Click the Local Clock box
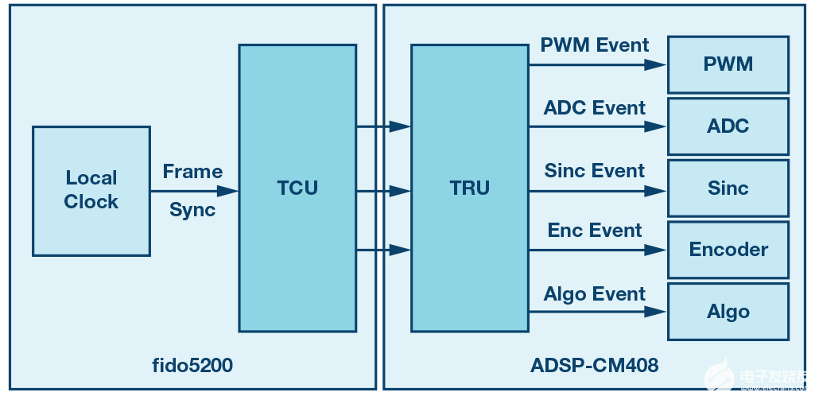click(91, 191)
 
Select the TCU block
click(297, 188)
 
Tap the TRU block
click(469, 188)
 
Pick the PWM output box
click(728, 64)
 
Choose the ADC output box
click(728, 126)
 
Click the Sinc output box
click(728, 188)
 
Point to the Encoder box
click(728, 250)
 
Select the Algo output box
click(728, 311)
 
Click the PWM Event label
click(595, 45)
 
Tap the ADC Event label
click(595, 107)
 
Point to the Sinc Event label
click(595, 171)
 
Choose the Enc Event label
click(595, 231)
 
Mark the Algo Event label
click(595, 294)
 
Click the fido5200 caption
click(192, 366)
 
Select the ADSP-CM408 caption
click(594, 366)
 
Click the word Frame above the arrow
click(192, 172)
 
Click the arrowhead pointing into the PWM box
click(656, 64)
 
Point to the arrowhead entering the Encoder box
click(656, 250)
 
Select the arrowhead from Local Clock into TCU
click(228, 191)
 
